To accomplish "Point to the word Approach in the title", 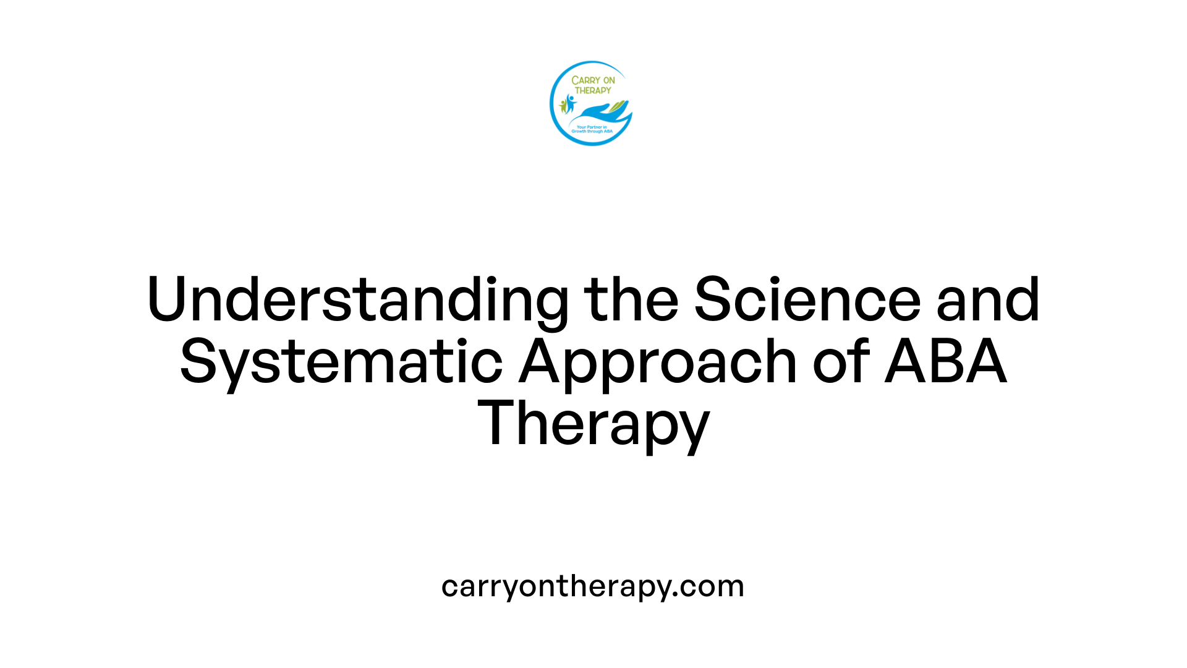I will coord(658,362).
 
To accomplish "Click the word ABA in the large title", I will coord(946,361).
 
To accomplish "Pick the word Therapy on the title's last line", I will coord(593,424).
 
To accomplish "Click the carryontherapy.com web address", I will coord(592,586).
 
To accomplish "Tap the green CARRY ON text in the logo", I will coord(593,80).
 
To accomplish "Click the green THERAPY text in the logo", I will coord(593,90).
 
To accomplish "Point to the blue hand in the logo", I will coord(597,113).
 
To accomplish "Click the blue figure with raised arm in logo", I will coord(570,103).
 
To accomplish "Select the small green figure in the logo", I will coord(563,106).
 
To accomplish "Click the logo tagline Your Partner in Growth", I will coord(592,129).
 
